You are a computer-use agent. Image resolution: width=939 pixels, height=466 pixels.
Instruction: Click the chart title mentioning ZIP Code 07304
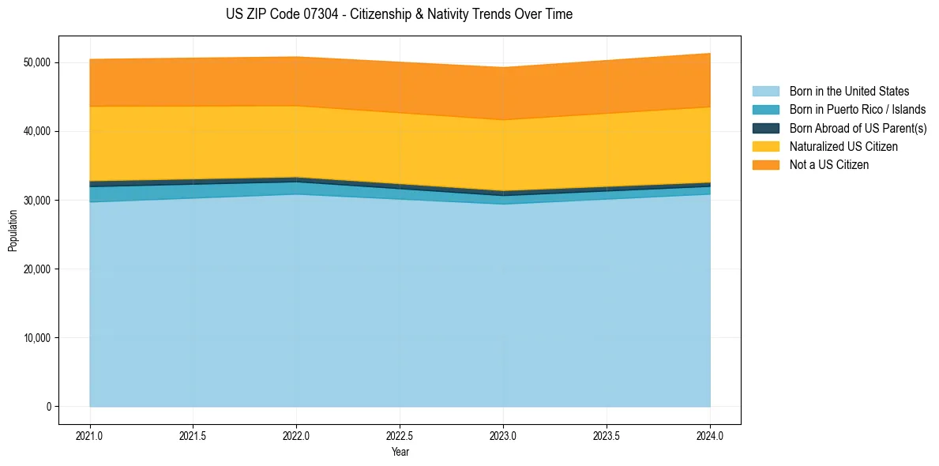(399, 14)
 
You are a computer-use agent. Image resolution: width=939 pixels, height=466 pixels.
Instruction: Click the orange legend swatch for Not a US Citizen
(765, 164)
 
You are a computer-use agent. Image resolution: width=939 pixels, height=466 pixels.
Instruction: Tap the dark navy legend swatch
(765, 128)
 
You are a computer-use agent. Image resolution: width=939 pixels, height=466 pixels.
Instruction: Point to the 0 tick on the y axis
(48, 407)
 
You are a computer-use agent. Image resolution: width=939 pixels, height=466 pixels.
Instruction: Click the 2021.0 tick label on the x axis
(90, 435)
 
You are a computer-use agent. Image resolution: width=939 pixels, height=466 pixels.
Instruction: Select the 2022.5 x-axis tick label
(400, 435)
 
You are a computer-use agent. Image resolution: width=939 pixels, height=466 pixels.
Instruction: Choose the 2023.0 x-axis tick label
(504, 435)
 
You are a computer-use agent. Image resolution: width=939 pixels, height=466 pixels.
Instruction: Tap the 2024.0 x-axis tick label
(710, 435)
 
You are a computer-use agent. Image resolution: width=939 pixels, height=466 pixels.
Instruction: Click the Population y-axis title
(13, 231)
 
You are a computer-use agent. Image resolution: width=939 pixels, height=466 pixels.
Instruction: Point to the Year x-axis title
(400, 453)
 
